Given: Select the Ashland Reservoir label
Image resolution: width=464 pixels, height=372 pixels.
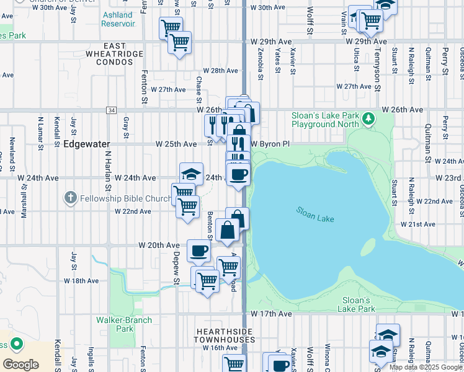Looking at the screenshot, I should pyautogui.click(x=118, y=19).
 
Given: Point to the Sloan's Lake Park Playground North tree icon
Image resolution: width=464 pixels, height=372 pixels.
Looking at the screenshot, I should pyautogui.click(x=368, y=117).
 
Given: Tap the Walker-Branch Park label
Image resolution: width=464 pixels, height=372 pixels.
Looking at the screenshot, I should pyautogui.click(x=115, y=324).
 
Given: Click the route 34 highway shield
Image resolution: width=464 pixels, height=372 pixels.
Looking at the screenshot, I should pyautogui.click(x=111, y=110).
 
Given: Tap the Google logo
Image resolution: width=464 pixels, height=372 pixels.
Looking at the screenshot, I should pyautogui.click(x=20, y=364).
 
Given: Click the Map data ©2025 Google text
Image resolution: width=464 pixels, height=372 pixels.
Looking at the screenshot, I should pyautogui.click(x=426, y=367).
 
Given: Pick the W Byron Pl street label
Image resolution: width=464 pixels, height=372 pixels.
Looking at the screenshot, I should pyautogui.click(x=270, y=144).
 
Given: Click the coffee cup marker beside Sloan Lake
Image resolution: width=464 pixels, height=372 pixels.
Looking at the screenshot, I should pyautogui.click(x=238, y=174).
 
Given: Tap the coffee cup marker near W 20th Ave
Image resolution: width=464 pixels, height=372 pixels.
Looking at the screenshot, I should pyautogui.click(x=199, y=250).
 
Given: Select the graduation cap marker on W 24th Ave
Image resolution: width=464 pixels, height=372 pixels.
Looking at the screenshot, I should pyautogui.click(x=192, y=174).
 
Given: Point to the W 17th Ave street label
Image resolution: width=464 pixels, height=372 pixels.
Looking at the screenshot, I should pyautogui.click(x=272, y=314).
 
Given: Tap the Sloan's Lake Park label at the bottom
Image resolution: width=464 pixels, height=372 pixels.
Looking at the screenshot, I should pyautogui.click(x=358, y=304).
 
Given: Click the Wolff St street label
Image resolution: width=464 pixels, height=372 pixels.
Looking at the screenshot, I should pyautogui.click(x=310, y=25).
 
